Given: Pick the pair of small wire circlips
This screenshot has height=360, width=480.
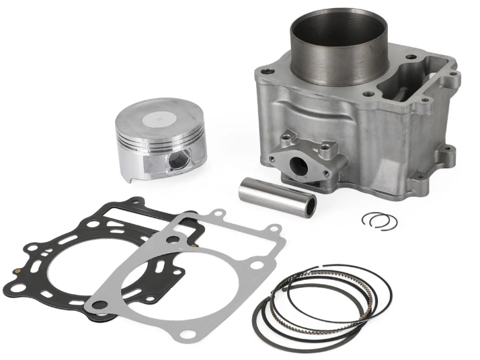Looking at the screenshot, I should [378, 221].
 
